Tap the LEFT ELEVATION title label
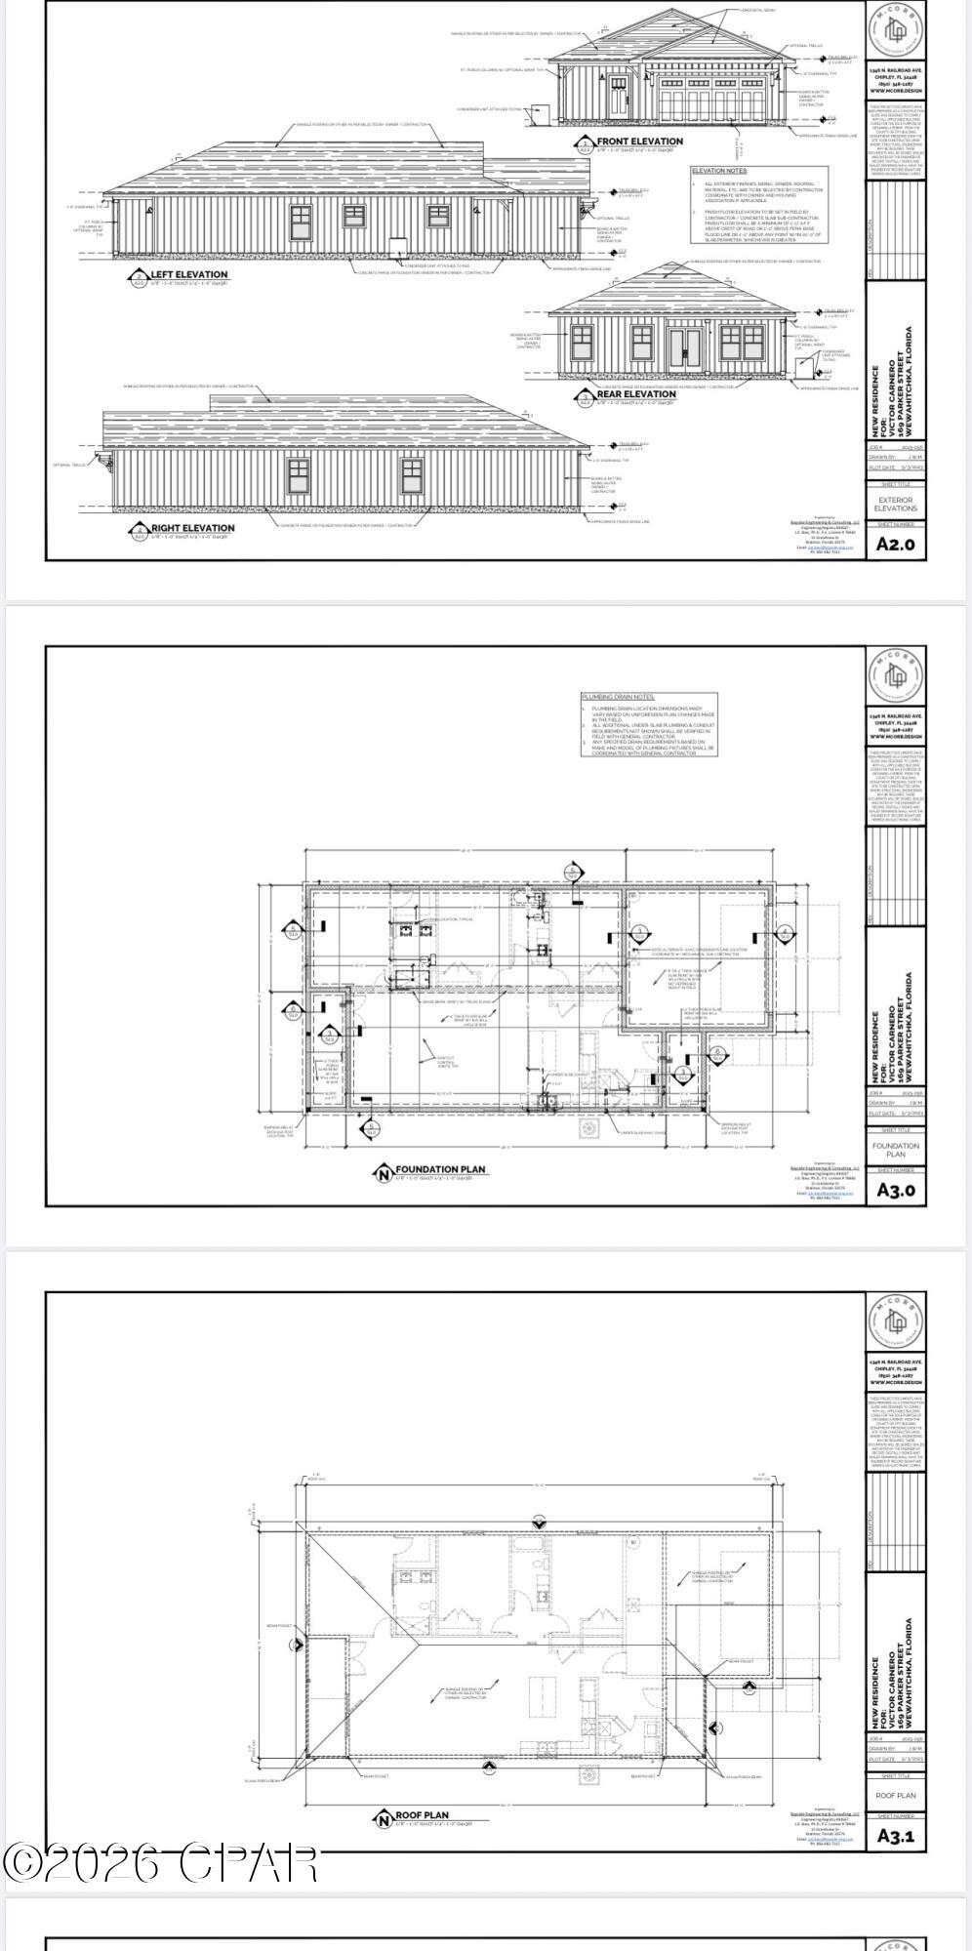click(188, 274)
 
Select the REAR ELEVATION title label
click(636, 394)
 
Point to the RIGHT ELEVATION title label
click(192, 528)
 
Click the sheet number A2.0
click(895, 545)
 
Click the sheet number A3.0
click(895, 1190)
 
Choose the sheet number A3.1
click(895, 1835)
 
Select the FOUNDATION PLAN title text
click(439, 1168)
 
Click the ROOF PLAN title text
click(422, 1815)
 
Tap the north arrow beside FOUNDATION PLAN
click(383, 1172)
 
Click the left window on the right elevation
click(299, 474)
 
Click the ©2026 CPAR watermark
click(161, 1862)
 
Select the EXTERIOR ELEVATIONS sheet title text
click(895, 504)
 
